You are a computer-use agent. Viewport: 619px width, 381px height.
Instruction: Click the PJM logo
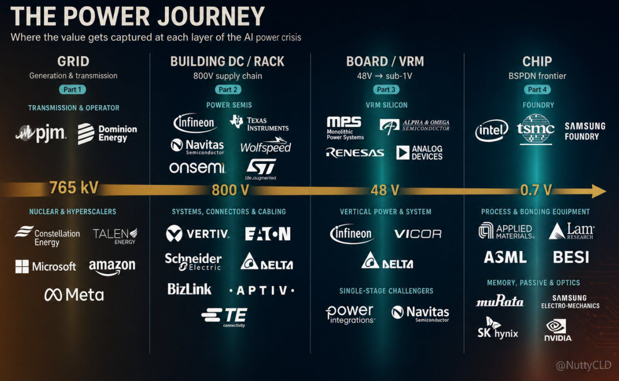[41, 133]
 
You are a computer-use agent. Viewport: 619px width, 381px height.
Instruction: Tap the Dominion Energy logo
[107, 134]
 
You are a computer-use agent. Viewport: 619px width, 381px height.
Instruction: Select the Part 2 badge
[228, 90]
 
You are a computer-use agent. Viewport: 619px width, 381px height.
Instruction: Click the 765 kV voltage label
[74, 187]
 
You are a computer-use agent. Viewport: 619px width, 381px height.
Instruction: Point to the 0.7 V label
[535, 190]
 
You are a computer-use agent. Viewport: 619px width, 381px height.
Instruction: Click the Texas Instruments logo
[259, 123]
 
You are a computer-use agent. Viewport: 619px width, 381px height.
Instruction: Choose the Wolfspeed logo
[265, 145]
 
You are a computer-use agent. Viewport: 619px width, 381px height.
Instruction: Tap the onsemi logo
[197, 168]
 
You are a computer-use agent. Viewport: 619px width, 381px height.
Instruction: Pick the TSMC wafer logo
[535, 129]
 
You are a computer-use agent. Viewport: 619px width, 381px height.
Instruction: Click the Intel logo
[492, 130]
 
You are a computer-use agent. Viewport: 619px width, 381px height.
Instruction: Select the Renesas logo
[355, 152]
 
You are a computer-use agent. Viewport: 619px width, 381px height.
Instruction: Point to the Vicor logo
[418, 234]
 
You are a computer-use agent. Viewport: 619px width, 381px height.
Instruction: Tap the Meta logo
[74, 295]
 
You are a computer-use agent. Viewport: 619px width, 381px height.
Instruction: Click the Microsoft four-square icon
[22, 266]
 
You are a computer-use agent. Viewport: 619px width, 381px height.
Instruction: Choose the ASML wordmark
[505, 257]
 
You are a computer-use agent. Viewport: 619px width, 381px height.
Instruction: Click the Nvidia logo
[558, 330]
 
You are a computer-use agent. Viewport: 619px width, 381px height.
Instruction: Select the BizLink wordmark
[189, 289]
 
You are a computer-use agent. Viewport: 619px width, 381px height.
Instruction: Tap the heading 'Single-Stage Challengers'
[386, 291]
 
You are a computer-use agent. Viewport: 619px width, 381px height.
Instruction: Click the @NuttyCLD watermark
[583, 365]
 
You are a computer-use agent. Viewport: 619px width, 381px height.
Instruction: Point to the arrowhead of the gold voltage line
[599, 191]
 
